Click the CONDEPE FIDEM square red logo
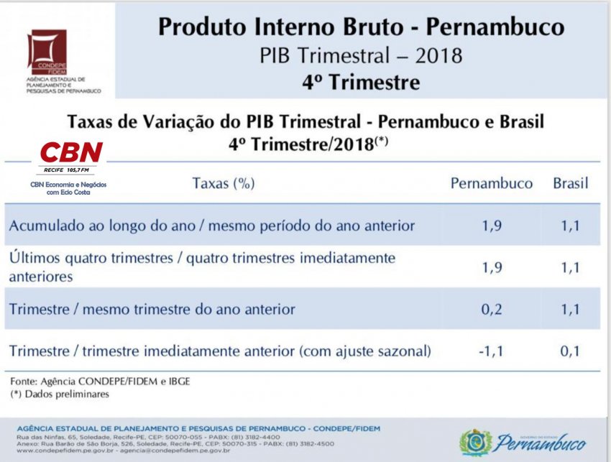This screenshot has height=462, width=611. tap(47, 52)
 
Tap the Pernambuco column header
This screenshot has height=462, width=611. tap(492, 183)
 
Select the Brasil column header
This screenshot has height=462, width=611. tap(571, 183)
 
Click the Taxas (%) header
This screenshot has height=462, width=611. tap(224, 183)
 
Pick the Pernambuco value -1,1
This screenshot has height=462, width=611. tap(491, 351)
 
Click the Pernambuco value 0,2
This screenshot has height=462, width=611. tap(492, 309)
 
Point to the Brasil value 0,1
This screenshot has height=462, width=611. tap(570, 351)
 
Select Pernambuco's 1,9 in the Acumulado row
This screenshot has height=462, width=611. tap(492, 226)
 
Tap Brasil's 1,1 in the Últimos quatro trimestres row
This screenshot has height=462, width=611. tap(570, 267)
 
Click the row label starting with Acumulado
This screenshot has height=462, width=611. tap(211, 226)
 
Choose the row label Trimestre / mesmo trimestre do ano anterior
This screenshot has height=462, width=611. tap(152, 309)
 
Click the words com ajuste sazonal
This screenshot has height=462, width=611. tap(365, 351)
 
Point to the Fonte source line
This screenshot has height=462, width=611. tap(100, 381)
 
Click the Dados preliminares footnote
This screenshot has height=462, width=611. tap(60, 394)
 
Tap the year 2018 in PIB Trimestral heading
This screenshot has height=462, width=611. tap(438, 55)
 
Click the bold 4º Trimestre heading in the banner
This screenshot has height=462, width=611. tap(362, 82)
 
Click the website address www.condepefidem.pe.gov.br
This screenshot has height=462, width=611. tap(65, 451)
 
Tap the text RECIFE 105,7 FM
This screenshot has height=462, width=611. tap(66, 170)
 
